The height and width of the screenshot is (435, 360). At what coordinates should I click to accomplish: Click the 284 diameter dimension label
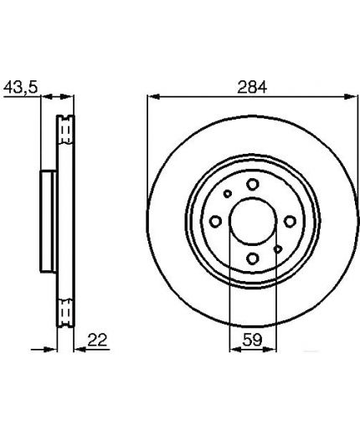click(252, 87)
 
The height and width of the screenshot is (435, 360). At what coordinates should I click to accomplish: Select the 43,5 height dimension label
click(20, 87)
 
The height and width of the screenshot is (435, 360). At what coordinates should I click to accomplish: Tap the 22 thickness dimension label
click(97, 340)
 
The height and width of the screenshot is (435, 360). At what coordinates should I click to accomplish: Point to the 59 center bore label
click(252, 340)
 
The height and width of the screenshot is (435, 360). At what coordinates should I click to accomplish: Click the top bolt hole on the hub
click(253, 184)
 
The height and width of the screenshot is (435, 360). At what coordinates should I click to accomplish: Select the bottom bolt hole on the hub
click(253, 258)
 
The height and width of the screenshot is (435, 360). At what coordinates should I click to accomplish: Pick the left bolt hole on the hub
click(215, 222)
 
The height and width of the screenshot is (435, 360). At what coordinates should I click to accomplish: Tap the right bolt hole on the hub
click(290, 222)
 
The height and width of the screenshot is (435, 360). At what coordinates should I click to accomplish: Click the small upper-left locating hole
click(228, 193)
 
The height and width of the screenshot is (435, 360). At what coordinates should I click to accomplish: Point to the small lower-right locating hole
click(278, 249)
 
